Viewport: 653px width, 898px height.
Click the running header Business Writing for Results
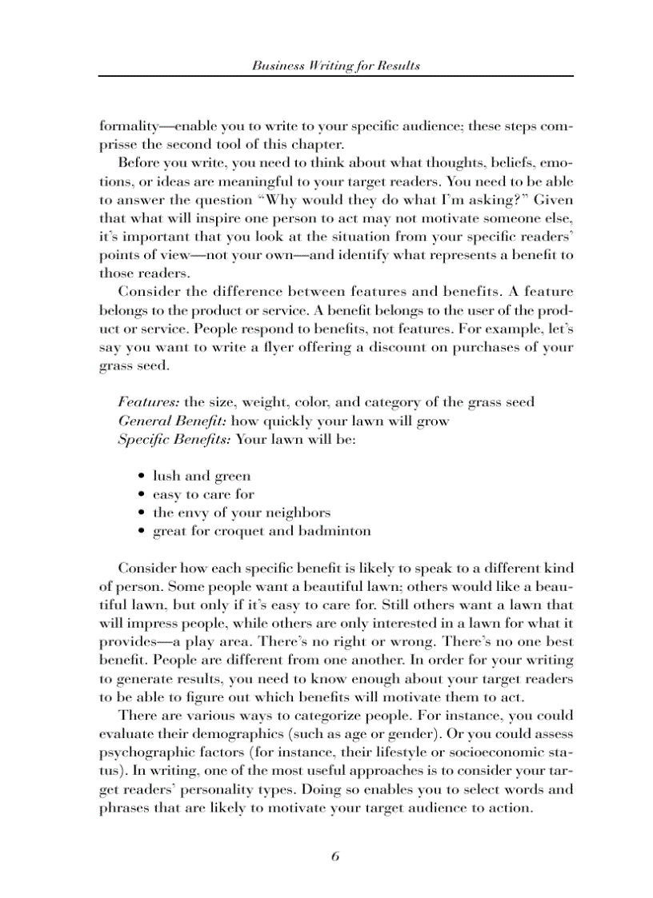[x=335, y=66]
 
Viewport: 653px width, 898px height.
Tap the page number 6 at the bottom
[x=335, y=856]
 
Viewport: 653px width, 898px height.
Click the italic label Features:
[x=149, y=401]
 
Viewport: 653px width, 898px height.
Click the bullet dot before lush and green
[x=141, y=477]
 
